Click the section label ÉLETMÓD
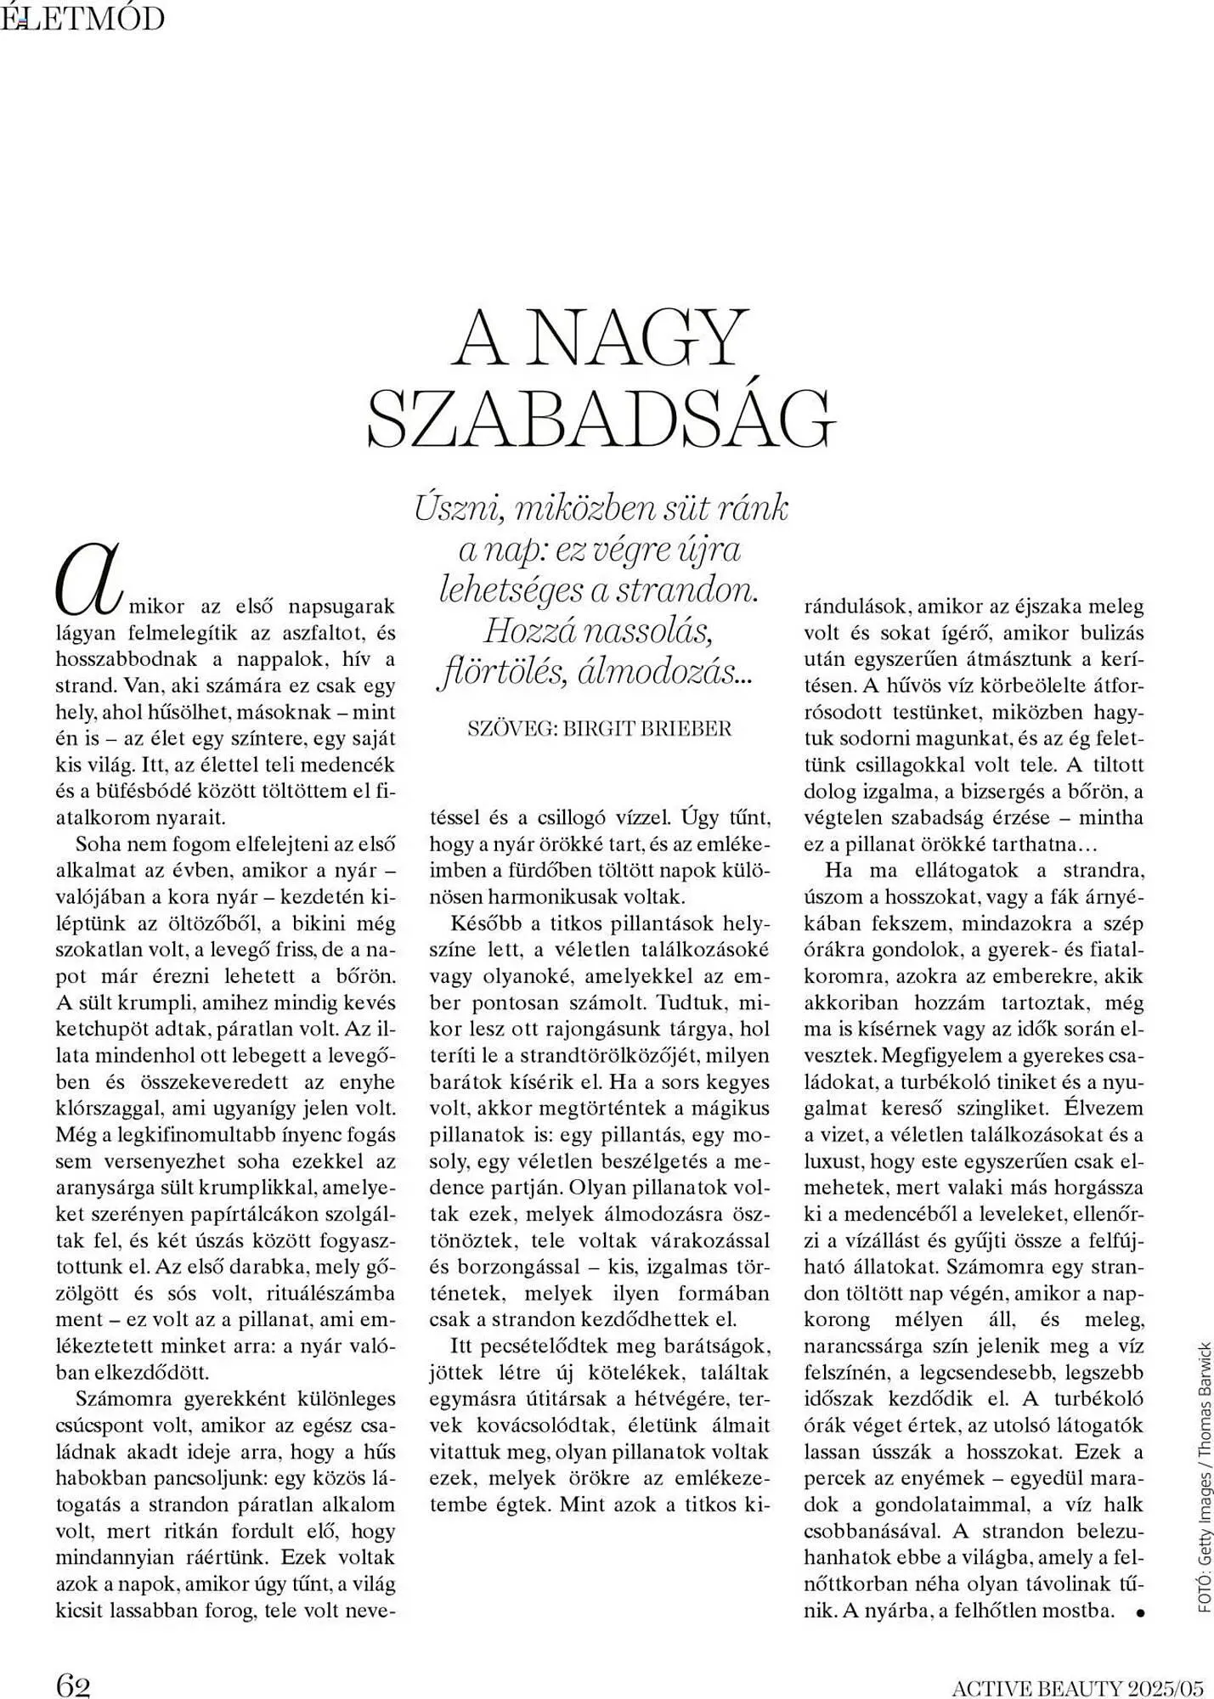[83, 18]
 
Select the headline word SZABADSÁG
[601, 420]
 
